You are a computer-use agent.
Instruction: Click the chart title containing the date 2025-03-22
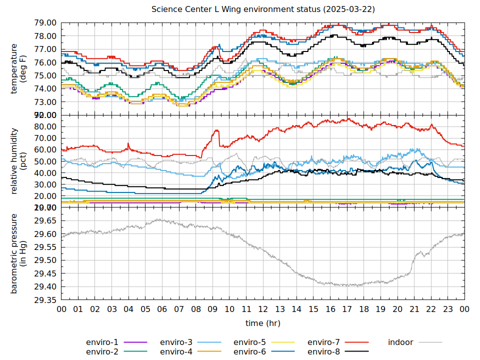[x=263, y=9]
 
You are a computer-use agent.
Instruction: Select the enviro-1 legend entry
[x=102, y=342]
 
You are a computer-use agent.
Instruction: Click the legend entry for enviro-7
[x=323, y=342]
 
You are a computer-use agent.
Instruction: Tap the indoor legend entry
[x=401, y=342]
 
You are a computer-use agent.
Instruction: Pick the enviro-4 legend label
[x=176, y=351]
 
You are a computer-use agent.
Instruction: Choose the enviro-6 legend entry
[x=249, y=351]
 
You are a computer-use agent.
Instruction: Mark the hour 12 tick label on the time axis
[x=263, y=309]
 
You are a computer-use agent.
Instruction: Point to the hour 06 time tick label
[x=162, y=309]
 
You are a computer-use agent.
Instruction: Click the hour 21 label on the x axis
[x=414, y=309]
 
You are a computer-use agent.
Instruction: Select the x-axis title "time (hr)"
[x=263, y=323]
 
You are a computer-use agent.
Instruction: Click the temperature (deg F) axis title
[x=18, y=68]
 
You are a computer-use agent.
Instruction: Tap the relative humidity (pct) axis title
[x=18, y=161]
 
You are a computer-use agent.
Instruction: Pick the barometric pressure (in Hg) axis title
[x=18, y=253]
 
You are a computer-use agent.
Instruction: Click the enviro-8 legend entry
[x=323, y=351]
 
